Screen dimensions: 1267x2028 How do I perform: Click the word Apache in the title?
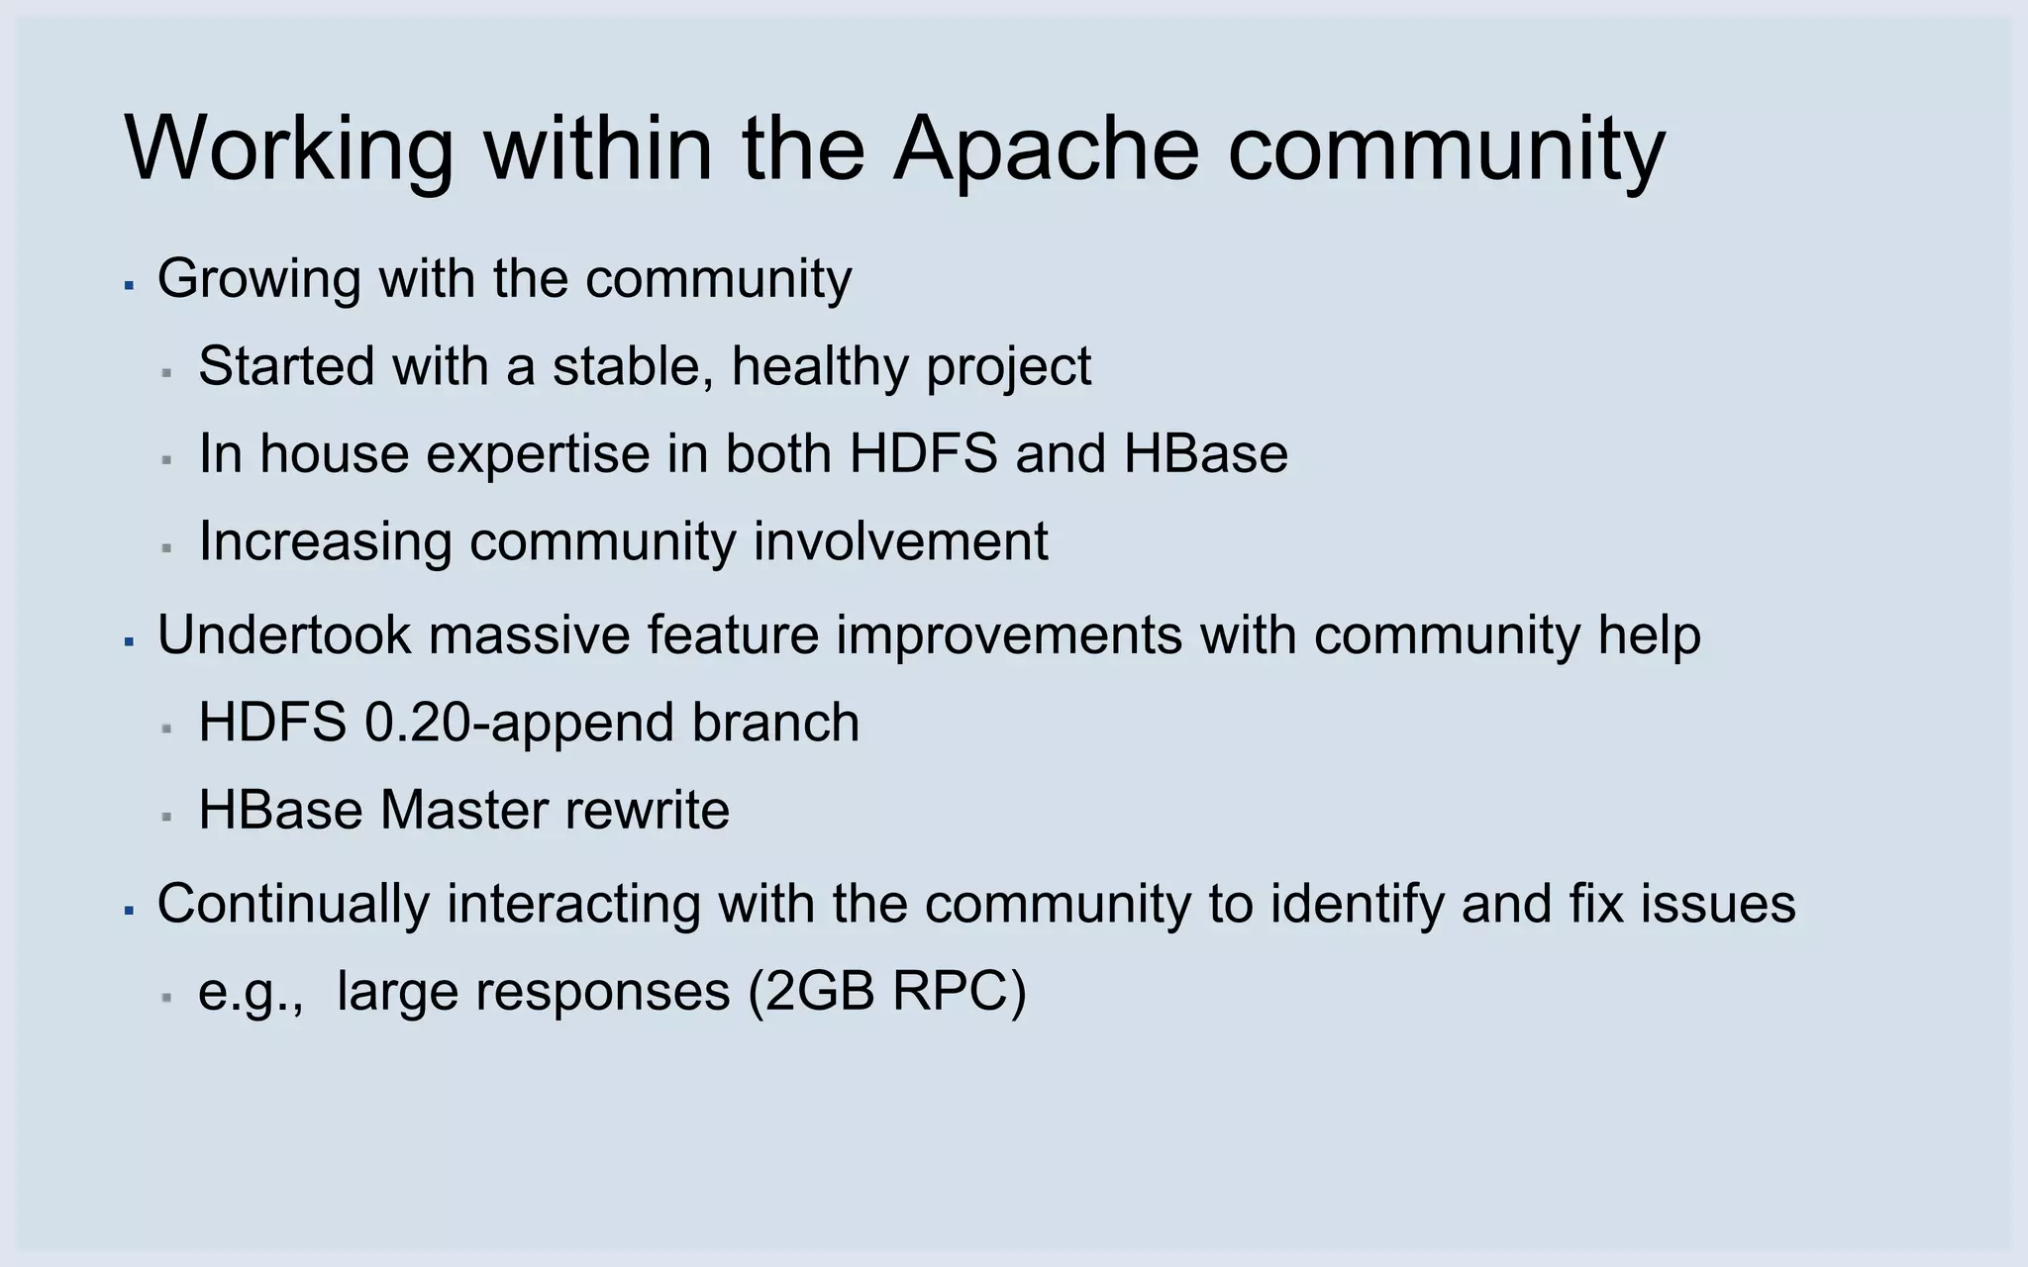click(1045, 148)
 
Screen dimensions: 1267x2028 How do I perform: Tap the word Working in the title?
click(288, 148)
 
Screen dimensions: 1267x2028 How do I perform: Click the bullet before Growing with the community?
click(129, 285)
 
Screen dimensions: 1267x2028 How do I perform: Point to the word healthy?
click(818, 367)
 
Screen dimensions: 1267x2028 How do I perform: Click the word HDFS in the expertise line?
click(923, 454)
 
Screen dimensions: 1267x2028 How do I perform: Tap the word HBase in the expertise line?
click(1205, 454)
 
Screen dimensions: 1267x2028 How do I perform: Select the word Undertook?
click(283, 634)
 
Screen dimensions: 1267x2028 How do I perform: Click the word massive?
click(530, 634)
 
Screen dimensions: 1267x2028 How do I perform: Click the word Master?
click(462, 811)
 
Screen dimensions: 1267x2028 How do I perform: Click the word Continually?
click(293, 905)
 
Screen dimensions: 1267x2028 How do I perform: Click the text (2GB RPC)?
click(887, 993)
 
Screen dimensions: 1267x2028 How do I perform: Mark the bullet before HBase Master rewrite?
click(167, 818)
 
